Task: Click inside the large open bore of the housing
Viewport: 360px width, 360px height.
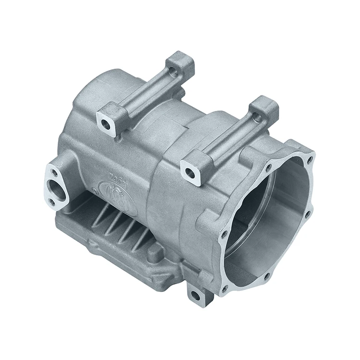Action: pos(269,216)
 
